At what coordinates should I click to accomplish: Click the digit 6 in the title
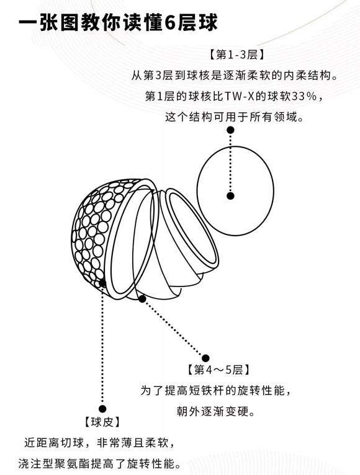coord(170,23)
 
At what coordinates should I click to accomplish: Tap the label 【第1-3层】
coord(236,55)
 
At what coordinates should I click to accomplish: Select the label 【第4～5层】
coord(218,370)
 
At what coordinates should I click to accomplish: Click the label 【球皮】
coord(102,422)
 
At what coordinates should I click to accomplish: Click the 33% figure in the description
coord(302,96)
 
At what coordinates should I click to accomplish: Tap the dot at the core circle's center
coord(230,196)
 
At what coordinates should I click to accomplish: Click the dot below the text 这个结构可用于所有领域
coord(230,130)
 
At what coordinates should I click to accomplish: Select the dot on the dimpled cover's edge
coord(102,283)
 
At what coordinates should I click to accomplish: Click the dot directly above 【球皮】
coord(102,409)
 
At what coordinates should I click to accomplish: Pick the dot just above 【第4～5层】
coord(205,358)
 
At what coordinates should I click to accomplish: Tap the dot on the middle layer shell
coord(142,299)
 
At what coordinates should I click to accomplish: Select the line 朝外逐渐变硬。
coord(216,411)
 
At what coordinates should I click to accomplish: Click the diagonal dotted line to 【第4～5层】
coord(174,329)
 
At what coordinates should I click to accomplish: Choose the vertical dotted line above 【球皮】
coord(102,346)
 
